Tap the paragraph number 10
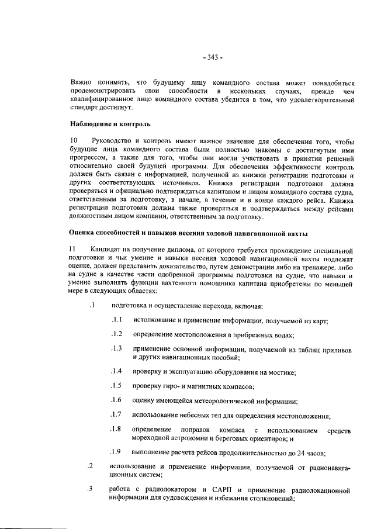(x=73, y=141)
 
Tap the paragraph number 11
(x=72, y=251)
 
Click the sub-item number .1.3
(x=116, y=349)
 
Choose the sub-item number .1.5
(x=116, y=386)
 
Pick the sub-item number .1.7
(x=116, y=415)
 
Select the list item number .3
(x=91, y=489)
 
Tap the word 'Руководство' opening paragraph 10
(x=113, y=141)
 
